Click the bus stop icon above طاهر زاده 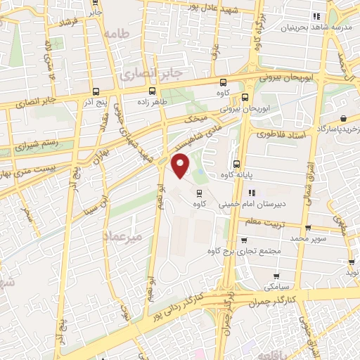point(153,91)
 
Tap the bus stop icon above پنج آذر point(96,91)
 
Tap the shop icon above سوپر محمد point(308,228)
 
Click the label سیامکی point(273,287)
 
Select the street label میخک point(195,120)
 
